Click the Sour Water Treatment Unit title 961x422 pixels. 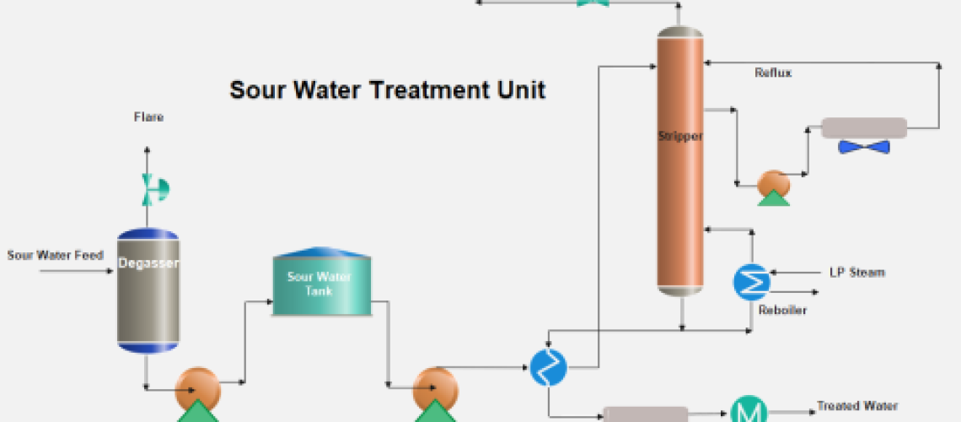coord(387,89)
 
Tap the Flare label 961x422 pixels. coord(148,117)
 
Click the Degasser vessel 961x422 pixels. coord(148,290)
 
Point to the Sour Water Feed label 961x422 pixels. coord(56,255)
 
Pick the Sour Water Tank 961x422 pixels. coord(320,284)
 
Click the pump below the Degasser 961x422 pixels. coord(197,389)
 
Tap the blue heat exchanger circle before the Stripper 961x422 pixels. coord(549,367)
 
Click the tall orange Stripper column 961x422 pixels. coord(679,160)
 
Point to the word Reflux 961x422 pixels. coord(773,73)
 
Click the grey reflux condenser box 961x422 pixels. coord(863,128)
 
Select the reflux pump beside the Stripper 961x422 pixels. coord(773,184)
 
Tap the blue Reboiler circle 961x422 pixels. coord(750,282)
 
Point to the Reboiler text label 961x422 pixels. coord(782,311)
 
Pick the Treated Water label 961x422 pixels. coord(857,407)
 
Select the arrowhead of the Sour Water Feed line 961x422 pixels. coord(110,272)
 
